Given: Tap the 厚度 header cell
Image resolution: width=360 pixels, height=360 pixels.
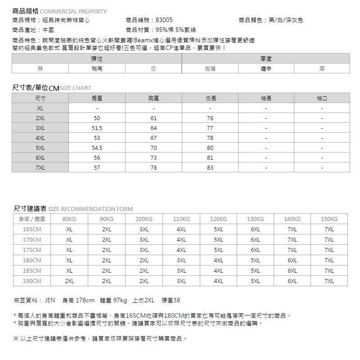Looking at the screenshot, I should point(265,58).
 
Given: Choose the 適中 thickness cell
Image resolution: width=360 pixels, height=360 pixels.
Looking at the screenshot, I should point(265,69).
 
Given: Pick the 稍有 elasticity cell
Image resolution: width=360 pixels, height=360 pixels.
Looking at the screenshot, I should point(97,69).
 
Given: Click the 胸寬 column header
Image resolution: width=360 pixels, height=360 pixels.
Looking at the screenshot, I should point(153,98).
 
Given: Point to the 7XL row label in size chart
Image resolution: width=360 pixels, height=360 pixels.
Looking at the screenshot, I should point(40,167).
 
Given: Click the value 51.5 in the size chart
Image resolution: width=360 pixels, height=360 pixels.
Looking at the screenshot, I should point(97,128).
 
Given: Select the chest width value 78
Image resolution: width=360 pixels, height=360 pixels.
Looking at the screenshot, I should point(153,167).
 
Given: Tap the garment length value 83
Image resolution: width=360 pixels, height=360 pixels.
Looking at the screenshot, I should point(210,167).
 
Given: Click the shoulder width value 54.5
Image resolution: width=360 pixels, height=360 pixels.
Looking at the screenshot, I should point(97,148).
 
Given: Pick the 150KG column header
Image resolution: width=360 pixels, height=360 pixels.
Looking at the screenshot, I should point(329,219).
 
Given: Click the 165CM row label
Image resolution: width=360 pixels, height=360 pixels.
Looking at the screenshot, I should point(32,229).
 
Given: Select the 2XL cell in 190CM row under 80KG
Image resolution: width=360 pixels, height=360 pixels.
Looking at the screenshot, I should point(69,281).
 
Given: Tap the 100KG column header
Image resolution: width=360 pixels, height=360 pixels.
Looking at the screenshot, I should point(144,219).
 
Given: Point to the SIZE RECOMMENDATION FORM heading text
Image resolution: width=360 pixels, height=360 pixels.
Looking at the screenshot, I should point(90,209).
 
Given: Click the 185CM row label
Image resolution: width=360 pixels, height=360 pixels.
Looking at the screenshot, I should point(32,271).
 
